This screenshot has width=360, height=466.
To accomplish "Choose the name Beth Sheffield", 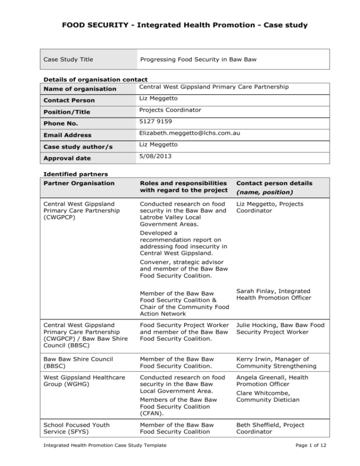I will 256,425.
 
